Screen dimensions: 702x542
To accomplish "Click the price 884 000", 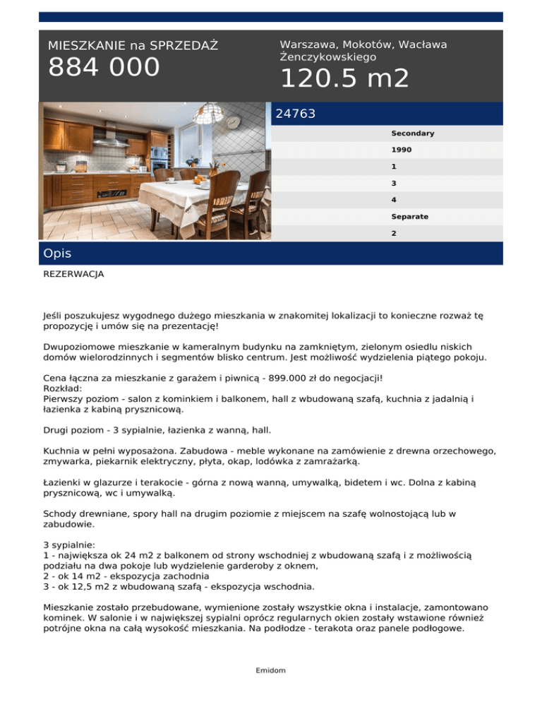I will point(104,68).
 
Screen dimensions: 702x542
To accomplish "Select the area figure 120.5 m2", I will point(344,78).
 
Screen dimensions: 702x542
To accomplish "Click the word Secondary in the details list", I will point(412,133).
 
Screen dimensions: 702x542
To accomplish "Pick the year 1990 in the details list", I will point(402,150).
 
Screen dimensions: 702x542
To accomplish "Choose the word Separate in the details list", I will point(409,216).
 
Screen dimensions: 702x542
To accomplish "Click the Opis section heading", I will point(57,253).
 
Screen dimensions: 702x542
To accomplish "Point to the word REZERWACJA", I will point(73,273).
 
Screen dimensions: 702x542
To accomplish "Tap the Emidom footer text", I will point(270,670).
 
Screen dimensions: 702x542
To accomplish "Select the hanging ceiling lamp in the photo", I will point(211,113).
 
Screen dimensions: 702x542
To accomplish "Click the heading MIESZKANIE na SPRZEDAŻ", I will point(133,46).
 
